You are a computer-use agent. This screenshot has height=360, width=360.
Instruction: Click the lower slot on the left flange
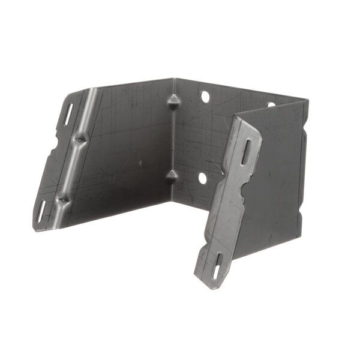point(41,211)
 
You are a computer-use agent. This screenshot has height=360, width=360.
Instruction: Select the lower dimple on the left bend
point(63,198)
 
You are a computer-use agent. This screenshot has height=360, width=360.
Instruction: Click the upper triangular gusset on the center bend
point(173,101)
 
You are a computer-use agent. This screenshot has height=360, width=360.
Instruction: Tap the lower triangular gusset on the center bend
point(172,176)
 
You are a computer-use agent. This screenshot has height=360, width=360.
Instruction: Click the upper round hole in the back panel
point(205,96)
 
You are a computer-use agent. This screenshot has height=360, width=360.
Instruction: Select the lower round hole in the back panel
point(202,178)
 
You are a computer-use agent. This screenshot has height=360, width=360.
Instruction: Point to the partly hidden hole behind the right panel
point(271,104)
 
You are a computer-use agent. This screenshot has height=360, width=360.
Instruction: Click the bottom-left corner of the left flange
point(35,229)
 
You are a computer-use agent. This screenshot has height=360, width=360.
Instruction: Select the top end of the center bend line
point(174,79)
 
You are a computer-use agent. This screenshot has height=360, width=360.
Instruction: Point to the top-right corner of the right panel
point(308,101)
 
